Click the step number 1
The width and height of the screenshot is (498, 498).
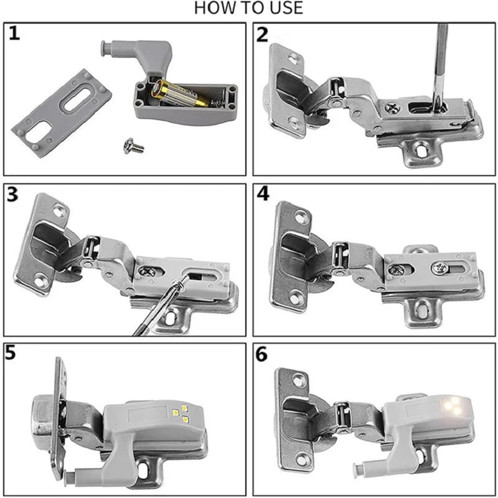click(14, 34)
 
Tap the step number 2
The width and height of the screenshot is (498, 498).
click(262, 34)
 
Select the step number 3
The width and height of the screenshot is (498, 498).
click(14, 194)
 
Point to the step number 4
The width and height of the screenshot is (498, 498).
click(263, 194)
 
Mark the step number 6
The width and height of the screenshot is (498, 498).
click(262, 354)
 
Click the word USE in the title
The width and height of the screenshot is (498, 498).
click(285, 8)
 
